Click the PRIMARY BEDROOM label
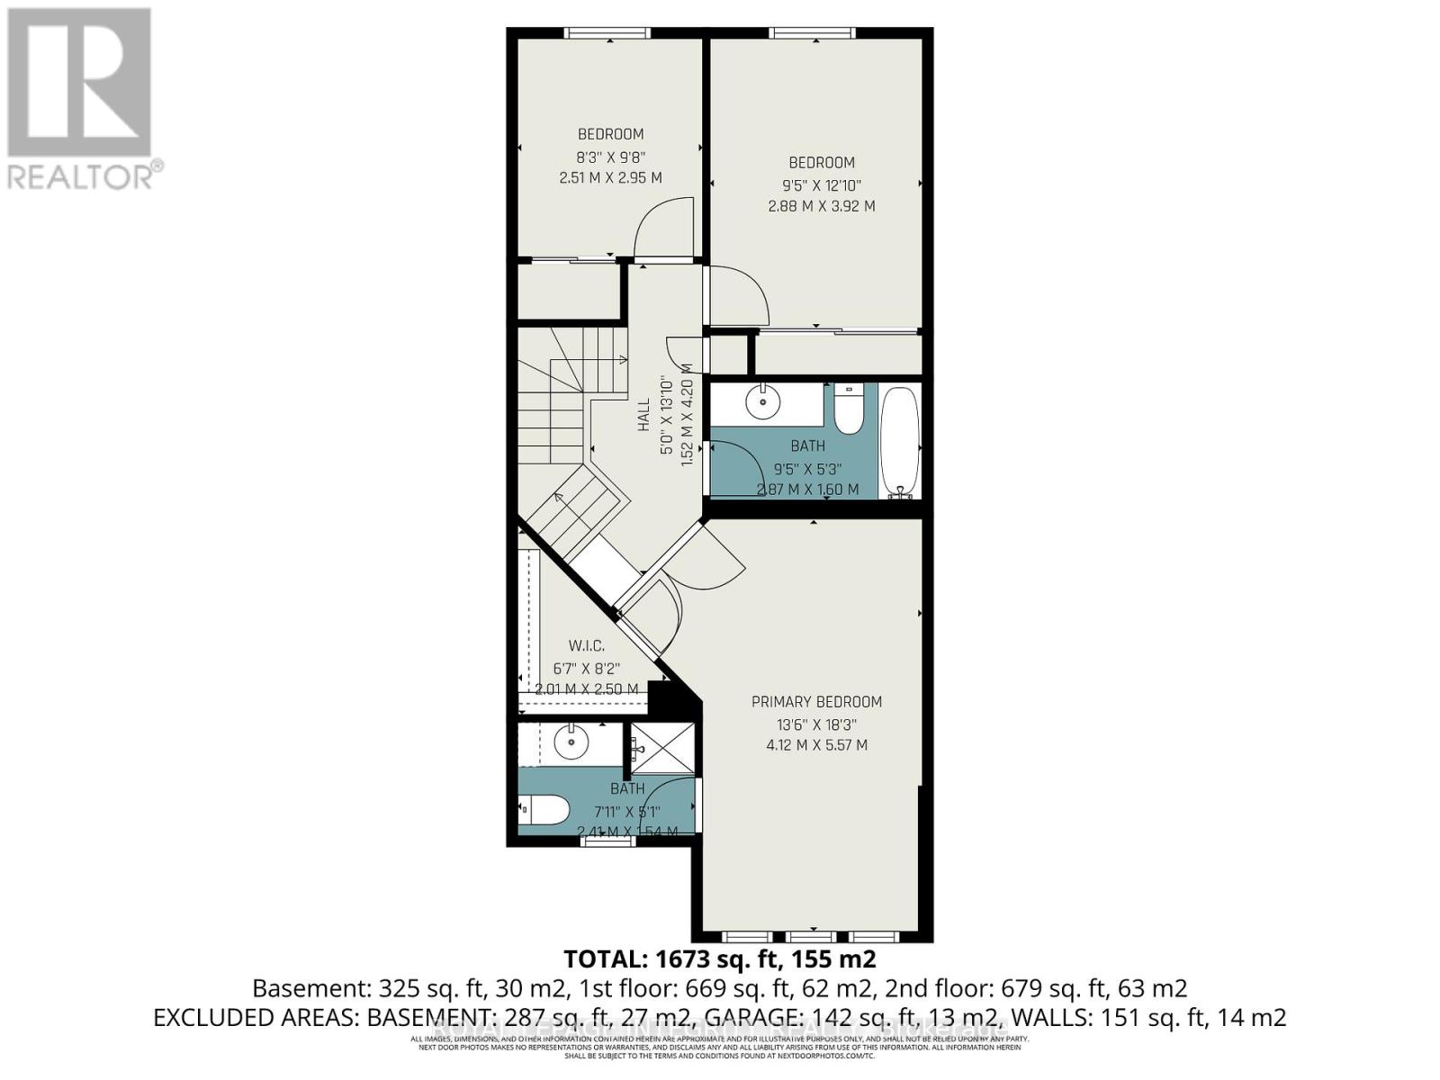[x=816, y=702]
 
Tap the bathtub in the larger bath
[x=899, y=441]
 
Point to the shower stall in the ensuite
[x=663, y=748]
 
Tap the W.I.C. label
[x=586, y=646]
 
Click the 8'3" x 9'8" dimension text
[x=610, y=157]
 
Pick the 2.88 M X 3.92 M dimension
[x=821, y=206]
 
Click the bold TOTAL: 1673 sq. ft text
[x=719, y=958]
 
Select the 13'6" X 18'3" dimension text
[x=816, y=724]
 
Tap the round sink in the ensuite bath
[x=571, y=742]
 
